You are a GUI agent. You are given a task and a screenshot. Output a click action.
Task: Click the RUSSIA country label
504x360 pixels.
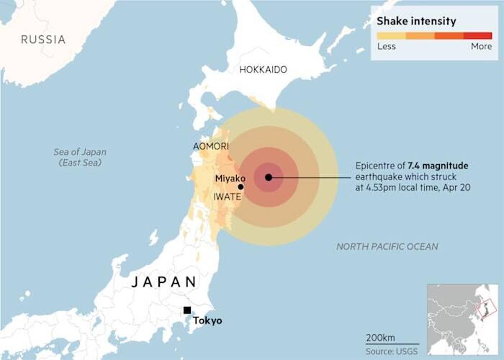point(43,40)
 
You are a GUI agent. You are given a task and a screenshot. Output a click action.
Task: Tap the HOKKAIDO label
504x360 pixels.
point(263,70)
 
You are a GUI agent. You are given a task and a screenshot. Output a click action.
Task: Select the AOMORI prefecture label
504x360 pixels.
point(211,146)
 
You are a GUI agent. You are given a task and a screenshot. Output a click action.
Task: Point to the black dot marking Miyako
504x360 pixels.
point(241,187)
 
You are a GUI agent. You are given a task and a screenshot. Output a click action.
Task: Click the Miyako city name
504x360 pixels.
point(230,179)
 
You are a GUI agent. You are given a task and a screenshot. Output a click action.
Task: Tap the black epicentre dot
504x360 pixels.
point(269,178)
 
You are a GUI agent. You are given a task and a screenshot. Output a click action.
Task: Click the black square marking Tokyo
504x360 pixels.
point(187,310)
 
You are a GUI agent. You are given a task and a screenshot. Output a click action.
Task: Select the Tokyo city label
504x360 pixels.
point(207,321)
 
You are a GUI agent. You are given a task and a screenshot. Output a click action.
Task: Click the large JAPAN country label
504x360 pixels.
point(164,282)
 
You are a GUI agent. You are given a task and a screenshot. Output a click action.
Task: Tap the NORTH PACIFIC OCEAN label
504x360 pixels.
point(387,247)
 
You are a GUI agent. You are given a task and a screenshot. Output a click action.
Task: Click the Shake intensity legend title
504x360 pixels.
point(416,21)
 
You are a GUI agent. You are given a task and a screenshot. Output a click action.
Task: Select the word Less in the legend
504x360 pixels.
point(386,46)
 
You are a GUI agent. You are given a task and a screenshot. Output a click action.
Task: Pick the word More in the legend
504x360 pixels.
point(481,46)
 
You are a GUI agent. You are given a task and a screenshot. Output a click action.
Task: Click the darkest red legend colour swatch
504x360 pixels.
point(478,36)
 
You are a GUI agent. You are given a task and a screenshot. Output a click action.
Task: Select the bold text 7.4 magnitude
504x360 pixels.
point(438,166)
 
